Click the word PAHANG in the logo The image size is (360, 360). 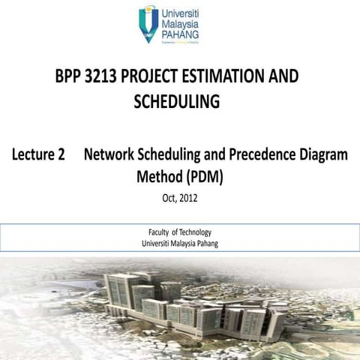(179, 36)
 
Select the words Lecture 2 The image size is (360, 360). (37, 155)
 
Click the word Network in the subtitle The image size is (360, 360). (112, 155)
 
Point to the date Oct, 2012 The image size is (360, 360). (179, 199)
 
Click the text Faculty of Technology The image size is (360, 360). (180, 232)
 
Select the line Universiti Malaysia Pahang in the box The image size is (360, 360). (180, 243)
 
